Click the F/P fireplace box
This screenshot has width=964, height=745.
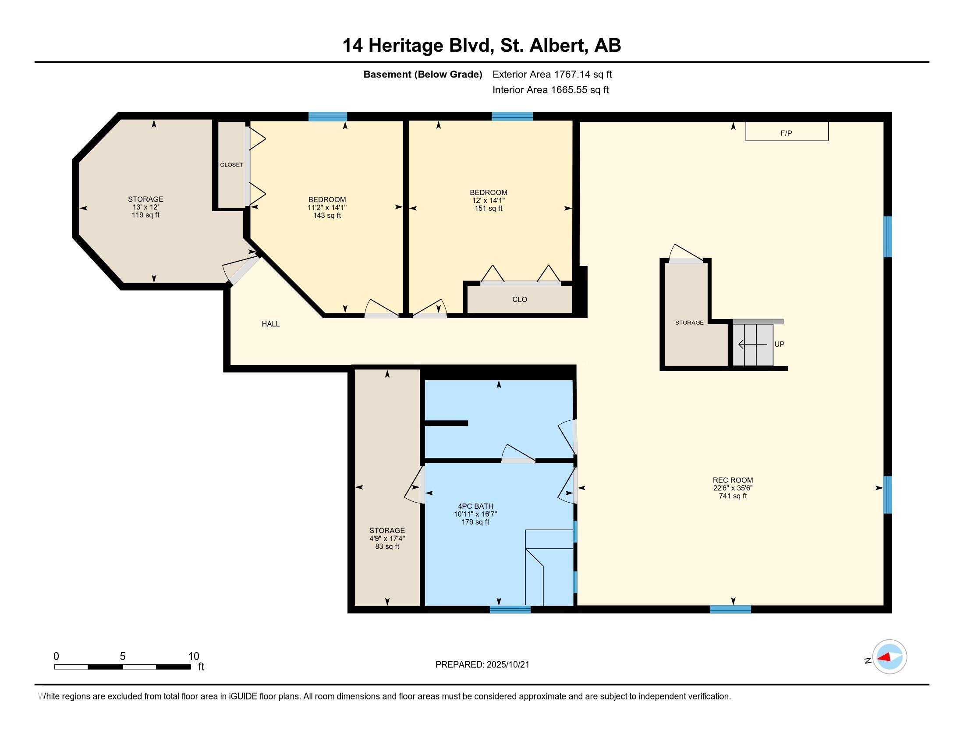click(787, 132)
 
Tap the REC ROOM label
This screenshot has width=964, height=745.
click(733, 480)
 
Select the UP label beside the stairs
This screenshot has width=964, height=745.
click(779, 344)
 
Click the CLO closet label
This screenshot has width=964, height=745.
click(520, 299)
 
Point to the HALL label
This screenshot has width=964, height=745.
click(270, 324)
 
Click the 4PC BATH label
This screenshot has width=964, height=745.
click(475, 506)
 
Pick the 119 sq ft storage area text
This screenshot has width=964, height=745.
click(145, 215)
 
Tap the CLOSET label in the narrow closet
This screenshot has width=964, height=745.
click(232, 165)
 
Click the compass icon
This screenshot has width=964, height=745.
click(890, 657)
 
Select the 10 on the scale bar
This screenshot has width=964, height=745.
click(194, 656)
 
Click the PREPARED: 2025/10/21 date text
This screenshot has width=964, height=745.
click(482, 665)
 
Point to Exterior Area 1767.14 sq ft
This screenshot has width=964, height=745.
click(552, 74)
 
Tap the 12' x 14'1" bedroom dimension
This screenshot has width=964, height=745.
click(488, 200)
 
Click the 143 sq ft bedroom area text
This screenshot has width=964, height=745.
click(326, 216)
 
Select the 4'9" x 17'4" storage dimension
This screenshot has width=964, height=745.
click(387, 539)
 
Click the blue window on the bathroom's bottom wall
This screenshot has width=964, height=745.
click(510, 610)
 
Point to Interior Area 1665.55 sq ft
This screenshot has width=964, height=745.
click(550, 90)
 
